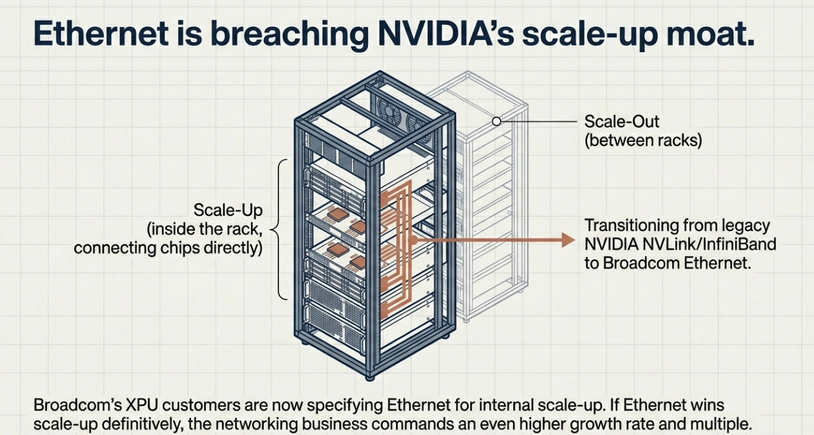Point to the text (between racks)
click(x=642, y=140)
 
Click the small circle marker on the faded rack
click(x=497, y=121)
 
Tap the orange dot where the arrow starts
click(x=413, y=240)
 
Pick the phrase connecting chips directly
click(x=168, y=247)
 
